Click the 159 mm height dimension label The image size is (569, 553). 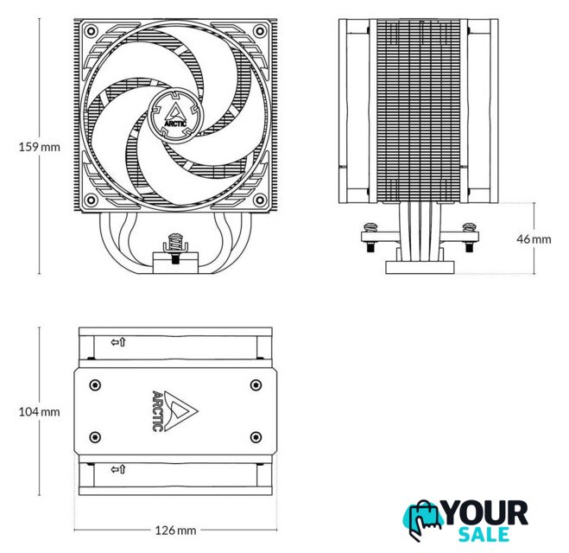coord(39,147)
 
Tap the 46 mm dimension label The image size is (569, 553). coord(534,239)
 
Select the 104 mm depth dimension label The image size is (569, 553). coord(39,412)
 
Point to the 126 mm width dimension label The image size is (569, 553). coord(175,531)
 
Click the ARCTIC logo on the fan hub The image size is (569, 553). coord(175,116)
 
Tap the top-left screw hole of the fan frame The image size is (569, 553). coord(91,30)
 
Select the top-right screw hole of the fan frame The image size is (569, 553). coord(260,30)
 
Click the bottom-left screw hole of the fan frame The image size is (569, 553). coord(91,200)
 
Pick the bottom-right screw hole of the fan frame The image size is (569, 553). coord(260,200)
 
